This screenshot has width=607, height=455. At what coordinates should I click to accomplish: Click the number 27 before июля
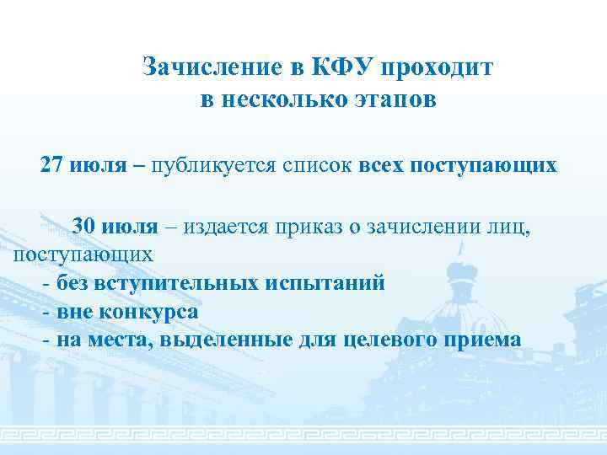(51, 165)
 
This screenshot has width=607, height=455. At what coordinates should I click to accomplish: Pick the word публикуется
(204, 165)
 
